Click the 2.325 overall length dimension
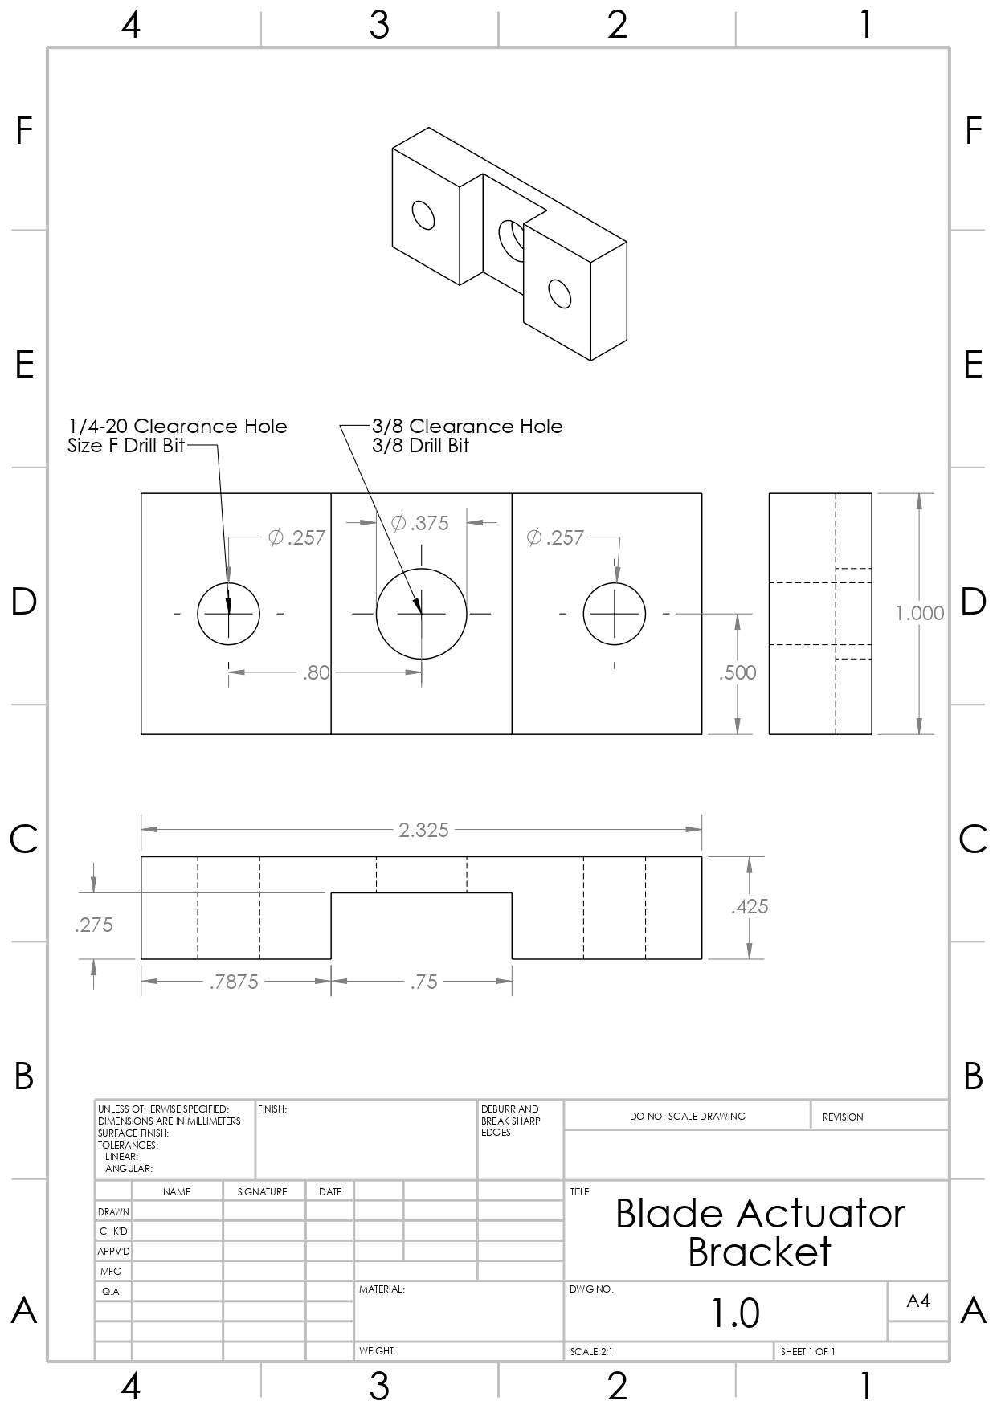click(x=423, y=830)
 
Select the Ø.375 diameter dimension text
click(x=420, y=523)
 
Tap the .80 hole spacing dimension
click(x=316, y=672)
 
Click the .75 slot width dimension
click(x=423, y=982)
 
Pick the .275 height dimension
click(x=94, y=925)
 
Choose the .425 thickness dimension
click(x=750, y=906)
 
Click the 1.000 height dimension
click(x=920, y=613)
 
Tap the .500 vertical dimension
click(x=738, y=672)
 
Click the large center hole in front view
click(x=422, y=613)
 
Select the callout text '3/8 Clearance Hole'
click(x=467, y=426)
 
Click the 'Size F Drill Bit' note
click(x=126, y=445)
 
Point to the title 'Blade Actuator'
click(x=760, y=1213)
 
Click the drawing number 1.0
click(x=735, y=1313)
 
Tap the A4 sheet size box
click(x=917, y=1301)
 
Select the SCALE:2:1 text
click(x=591, y=1351)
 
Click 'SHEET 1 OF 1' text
click(x=807, y=1351)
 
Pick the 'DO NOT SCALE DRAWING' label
click(x=687, y=1116)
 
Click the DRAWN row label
click(x=113, y=1211)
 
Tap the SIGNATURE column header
click(x=262, y=1191)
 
